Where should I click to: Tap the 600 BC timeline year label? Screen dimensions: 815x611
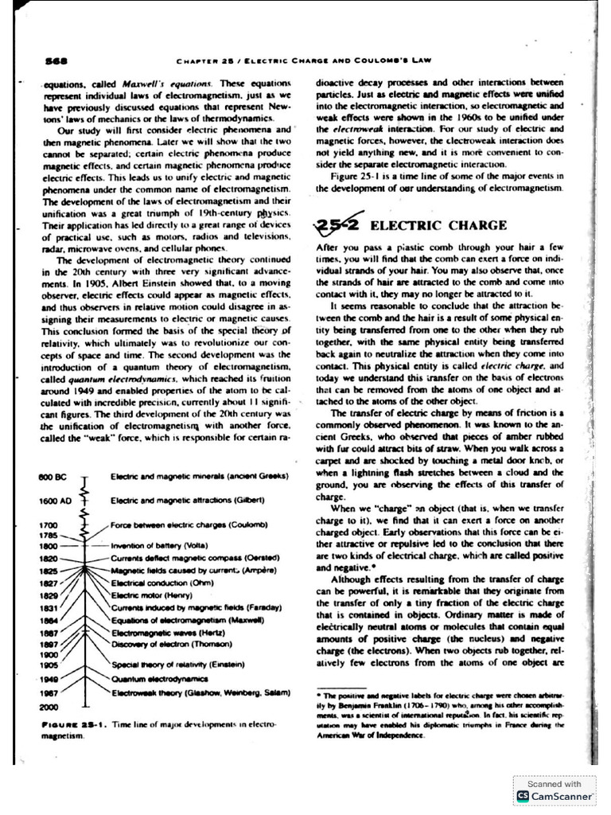pos(52,476)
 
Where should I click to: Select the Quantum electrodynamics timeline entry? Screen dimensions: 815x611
pos(159,679)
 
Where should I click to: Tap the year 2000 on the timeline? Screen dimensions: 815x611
pos(49,706)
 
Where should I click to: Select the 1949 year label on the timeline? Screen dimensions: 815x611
pos(49,680)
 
